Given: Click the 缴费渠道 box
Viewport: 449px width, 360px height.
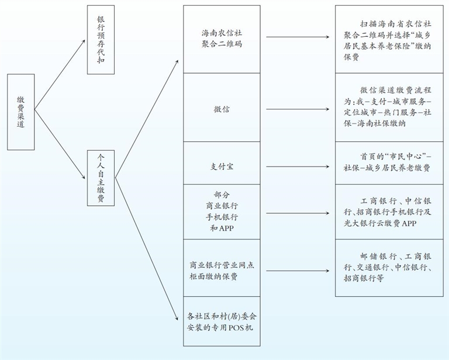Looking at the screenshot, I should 21,111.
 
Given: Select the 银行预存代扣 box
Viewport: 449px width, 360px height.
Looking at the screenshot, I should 101,40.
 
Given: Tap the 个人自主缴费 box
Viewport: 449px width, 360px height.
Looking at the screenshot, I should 101,178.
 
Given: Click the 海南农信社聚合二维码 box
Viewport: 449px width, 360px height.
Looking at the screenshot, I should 221,39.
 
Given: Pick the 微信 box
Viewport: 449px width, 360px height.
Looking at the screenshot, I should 221,108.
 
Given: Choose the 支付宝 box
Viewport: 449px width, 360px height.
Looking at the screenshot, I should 221,166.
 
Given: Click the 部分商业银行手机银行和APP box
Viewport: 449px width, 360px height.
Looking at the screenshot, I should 221,211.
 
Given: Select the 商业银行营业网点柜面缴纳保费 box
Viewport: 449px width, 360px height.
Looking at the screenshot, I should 221,267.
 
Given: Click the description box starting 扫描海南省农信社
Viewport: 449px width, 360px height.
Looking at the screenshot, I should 385,40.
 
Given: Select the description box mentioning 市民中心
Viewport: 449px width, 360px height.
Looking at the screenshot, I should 385,162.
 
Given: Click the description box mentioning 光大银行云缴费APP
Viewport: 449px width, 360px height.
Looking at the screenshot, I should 385,212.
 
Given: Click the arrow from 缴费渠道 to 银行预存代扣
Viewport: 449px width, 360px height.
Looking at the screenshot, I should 61,78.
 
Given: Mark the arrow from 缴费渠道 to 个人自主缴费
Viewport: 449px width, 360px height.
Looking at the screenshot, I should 61,141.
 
